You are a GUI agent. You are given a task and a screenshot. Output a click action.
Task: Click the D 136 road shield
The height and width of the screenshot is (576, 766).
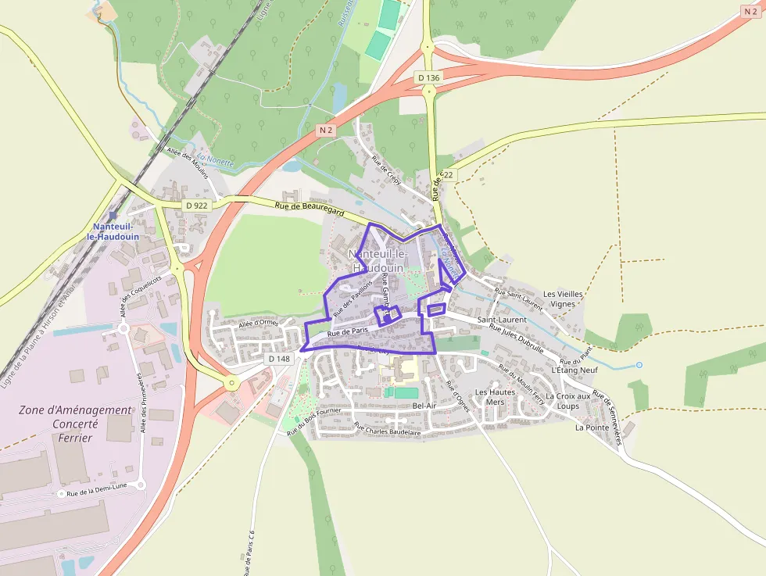click(428, 77)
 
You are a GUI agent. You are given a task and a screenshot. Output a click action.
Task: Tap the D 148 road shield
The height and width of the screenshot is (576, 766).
click(278, 359)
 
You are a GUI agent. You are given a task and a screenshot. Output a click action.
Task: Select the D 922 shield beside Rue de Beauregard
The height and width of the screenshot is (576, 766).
click(197, 206)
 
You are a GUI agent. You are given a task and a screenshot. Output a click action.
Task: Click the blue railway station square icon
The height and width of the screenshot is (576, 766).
click(113, 215)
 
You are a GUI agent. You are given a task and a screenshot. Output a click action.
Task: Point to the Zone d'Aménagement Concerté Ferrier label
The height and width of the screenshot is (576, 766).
click(75, 424)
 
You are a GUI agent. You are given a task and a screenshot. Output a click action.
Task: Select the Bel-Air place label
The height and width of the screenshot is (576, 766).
click(424, 406)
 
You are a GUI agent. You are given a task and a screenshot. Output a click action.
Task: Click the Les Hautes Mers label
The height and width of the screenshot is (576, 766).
click(496, 397)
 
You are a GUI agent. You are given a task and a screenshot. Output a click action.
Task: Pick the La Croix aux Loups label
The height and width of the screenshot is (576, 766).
click(568, 401)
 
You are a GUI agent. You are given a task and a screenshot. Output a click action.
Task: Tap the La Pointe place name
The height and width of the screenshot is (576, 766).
click(592, 428)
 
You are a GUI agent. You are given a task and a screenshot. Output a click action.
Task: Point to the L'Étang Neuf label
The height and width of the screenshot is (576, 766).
click(574, 370)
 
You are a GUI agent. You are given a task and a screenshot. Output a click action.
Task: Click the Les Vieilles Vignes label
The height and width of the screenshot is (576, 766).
click(563, 299)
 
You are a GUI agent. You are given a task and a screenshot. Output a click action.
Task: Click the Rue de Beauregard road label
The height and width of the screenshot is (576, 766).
click(310, 207)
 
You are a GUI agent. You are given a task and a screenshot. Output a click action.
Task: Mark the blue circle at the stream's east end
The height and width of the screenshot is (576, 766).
click(639, 365)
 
